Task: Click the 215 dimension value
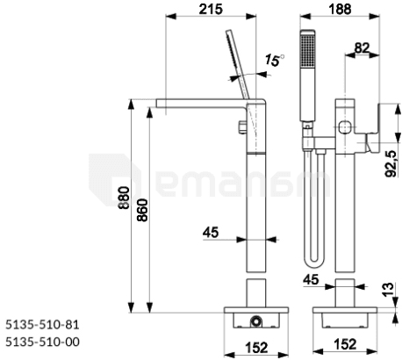pyautogui.click(x=211, y=9)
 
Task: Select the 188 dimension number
pyautogui.click(x=340, y=9)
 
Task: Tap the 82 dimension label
pyautogui.click(x=362, y=47)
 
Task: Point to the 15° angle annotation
pyautogui.click(x=275, y=61)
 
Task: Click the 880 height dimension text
pyautogui.click(x=124, y=198)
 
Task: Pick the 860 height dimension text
pyautogui.click(x=142, y=210)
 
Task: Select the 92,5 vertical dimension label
pyautogui.click(x=391, y=164)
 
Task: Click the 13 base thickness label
pyautogui.click(x=389, y=290)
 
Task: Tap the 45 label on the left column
pyautogui.click(x=211, y=233)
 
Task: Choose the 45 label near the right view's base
pyautogui.click(x=311, y=280)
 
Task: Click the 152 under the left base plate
pyautogui.click(x=256, y=348)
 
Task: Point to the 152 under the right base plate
pyautogui.click(x=345, y=344)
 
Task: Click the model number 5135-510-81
pyautogui.click(x=42, y=325)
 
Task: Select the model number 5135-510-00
pyautogui.click(x=42, y=342)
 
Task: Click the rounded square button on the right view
pyautogui.click(x=345, y=126)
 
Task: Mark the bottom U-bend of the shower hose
pyautogui.click(x=313, y=262)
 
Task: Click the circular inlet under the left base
pyautogui.click(x=256, y=321)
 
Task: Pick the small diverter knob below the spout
pyautogui.click(x=242, y=126)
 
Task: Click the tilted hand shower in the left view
pyautogui.click(x=238, y=64)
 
